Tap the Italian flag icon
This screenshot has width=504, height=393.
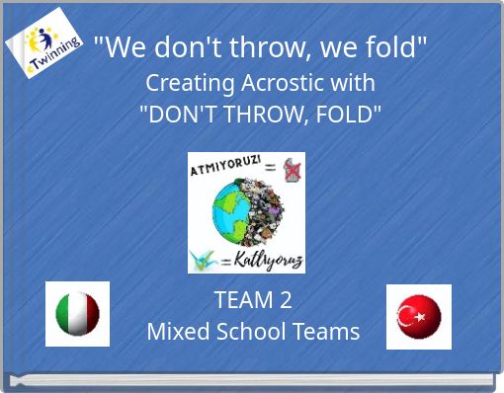(x=77, y=314)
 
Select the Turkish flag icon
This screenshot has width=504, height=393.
(x=418, y=317)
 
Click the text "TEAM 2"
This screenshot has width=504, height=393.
(x=253, y=300)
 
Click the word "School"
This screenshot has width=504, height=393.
(x=251, y=332)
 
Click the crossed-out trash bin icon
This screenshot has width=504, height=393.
(x=293, y=170)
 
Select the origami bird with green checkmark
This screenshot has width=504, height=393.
(x=206, y=259)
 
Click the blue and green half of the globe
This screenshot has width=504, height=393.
(x=228, y=210)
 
